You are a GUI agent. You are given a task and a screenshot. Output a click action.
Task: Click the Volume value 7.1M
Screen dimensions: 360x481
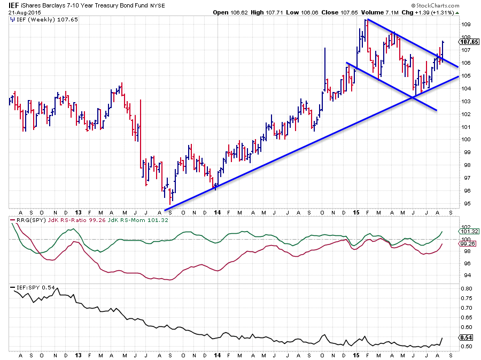coord(397,12)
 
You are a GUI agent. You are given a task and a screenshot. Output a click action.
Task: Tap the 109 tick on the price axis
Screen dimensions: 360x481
coord(466,25)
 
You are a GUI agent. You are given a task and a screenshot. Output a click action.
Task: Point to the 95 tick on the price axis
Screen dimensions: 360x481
coord(466,203)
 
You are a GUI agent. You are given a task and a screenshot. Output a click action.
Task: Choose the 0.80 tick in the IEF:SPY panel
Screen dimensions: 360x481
coord(467,289)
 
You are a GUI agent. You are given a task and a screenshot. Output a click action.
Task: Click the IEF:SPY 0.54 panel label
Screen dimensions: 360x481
coord(31,288)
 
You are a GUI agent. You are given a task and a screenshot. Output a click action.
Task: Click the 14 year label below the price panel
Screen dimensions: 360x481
coord(217,212)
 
